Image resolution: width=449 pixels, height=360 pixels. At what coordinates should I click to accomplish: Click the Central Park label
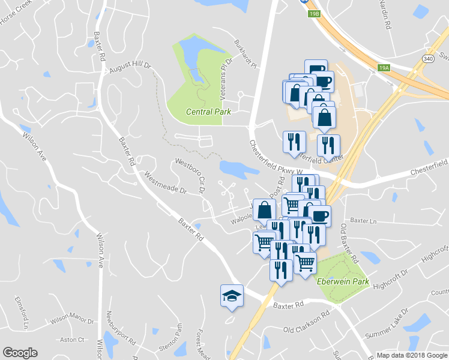pyautogui.click(x=208, y=112)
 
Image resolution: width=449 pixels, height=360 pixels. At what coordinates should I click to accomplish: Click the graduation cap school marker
pyautogui.click(x=232, y=296)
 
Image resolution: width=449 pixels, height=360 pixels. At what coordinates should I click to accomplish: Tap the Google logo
pyautogui.click(x=20, y=353)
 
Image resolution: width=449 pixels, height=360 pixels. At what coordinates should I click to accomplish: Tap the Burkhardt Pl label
pyautogui.click(x=245, y=54)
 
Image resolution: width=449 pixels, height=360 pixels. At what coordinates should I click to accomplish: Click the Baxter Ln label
pyautogui.click(x=363, y=221)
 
